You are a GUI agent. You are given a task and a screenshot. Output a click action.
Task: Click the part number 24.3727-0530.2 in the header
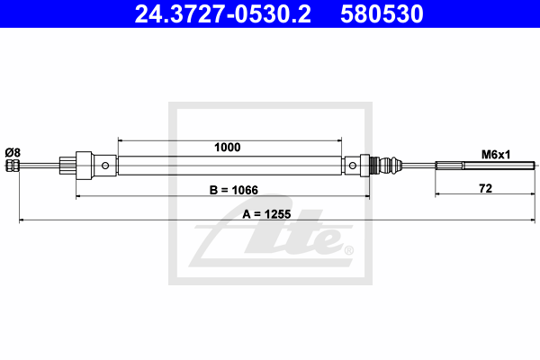pos(222,13)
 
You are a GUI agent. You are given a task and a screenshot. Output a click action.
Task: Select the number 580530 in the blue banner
pos(382,13)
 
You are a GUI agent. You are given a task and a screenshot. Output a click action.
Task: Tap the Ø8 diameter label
pos(13,152)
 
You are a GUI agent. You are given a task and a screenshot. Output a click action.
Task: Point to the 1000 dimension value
pos(228,148)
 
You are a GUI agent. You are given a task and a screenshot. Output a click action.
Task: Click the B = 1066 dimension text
pos(233,190)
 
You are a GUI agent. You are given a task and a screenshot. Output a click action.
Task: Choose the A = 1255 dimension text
pos(266,214)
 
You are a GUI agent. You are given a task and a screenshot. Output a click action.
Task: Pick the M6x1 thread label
pos(496,155)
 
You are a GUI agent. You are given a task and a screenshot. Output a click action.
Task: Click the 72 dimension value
pos(486,188)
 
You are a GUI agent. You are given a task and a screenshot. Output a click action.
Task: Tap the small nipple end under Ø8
pos(13,166)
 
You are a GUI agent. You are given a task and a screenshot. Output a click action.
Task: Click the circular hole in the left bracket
pos(105,166)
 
